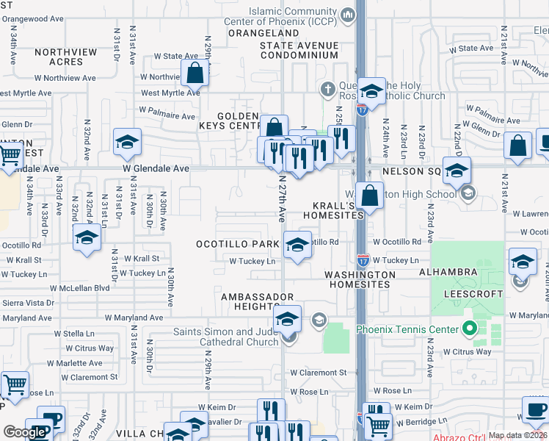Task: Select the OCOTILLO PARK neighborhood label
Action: point(237,243)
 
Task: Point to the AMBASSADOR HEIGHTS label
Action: point(251,302)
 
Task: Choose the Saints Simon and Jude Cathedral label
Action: point(226,337)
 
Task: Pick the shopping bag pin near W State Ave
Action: point(195,73)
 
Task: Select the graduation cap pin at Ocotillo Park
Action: point(297,245)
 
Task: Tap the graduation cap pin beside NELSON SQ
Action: point(457,171)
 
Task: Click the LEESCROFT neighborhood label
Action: point(473,294)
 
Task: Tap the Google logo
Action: point(24,432)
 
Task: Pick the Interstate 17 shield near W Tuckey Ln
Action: point(363,259)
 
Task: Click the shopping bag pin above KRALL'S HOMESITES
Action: point(371,196)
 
